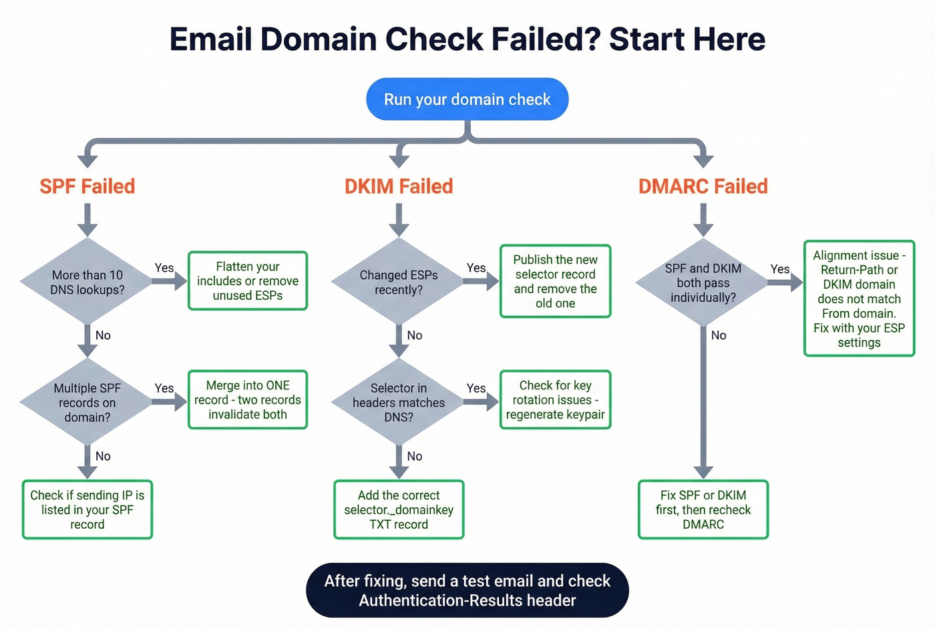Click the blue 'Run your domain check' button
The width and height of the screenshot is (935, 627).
[x=467, y=99]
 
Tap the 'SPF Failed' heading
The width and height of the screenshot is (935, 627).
[x=87, y=186]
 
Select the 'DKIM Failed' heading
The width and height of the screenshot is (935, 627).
[x=399, y=186]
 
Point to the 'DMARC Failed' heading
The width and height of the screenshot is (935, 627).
[x=703, y=186]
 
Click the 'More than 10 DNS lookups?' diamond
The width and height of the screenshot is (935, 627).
[x=87, y=282]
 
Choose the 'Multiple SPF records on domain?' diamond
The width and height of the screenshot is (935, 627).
[x=87, y=402]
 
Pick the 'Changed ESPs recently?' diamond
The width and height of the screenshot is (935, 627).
[x=399, y=282]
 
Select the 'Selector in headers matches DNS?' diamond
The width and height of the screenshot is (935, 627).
[x=399, y=402]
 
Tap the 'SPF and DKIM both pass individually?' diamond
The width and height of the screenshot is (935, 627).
[x=703, y=282]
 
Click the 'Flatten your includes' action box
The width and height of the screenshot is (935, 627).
[x=248, y=281]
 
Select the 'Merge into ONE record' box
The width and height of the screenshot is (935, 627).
[x=248, y=400]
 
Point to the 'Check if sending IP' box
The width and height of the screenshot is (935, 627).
[x=87, y=509]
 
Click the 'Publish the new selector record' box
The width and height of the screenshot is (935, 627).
[x=555, y=281]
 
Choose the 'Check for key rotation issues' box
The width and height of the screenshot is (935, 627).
[x=555, y=400]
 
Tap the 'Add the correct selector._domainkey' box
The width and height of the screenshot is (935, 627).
[x=399, y=509]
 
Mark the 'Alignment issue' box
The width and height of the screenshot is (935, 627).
[x=859, y=298]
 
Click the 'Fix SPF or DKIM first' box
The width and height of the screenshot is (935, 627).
[x=703, y=509]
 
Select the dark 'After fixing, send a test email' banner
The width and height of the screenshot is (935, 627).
[x=467, y=590]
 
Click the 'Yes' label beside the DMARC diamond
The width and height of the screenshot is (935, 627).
[x=779, y=269]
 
